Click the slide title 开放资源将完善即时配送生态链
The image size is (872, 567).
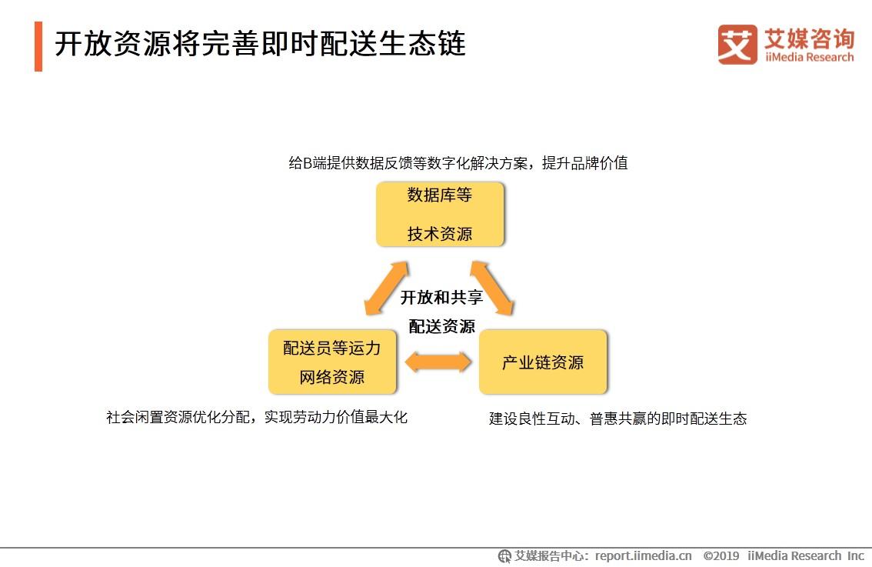tap(260, 44)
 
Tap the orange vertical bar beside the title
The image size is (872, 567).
tap(38, 46)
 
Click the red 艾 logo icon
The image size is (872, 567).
tap(737, 45)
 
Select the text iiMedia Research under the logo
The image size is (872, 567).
tap(809, 57)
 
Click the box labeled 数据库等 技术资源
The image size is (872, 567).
tap(440, 214)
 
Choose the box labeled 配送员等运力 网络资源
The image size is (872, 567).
tap(332, 362)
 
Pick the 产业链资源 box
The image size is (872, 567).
tap(543, 362)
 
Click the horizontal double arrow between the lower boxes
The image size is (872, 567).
tap(438, 362)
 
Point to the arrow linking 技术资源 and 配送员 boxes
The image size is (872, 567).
tap(387, 289)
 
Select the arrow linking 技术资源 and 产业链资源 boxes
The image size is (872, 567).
tap(492, 289)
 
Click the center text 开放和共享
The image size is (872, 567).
tap(441, 298)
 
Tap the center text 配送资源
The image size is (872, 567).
tap(441, 326)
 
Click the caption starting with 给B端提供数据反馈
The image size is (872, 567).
tap(458, 163)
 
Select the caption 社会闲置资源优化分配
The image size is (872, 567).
tap(257, 417)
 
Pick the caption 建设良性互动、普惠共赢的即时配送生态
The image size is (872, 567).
tap(617, 419)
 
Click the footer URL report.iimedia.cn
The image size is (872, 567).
tap(644, 555)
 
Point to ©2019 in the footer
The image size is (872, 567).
tap(721, 555)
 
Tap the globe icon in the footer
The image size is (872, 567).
tap(504, 556)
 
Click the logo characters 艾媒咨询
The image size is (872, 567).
tap(809, 38)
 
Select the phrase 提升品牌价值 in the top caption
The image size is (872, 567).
tap(584, 163)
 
